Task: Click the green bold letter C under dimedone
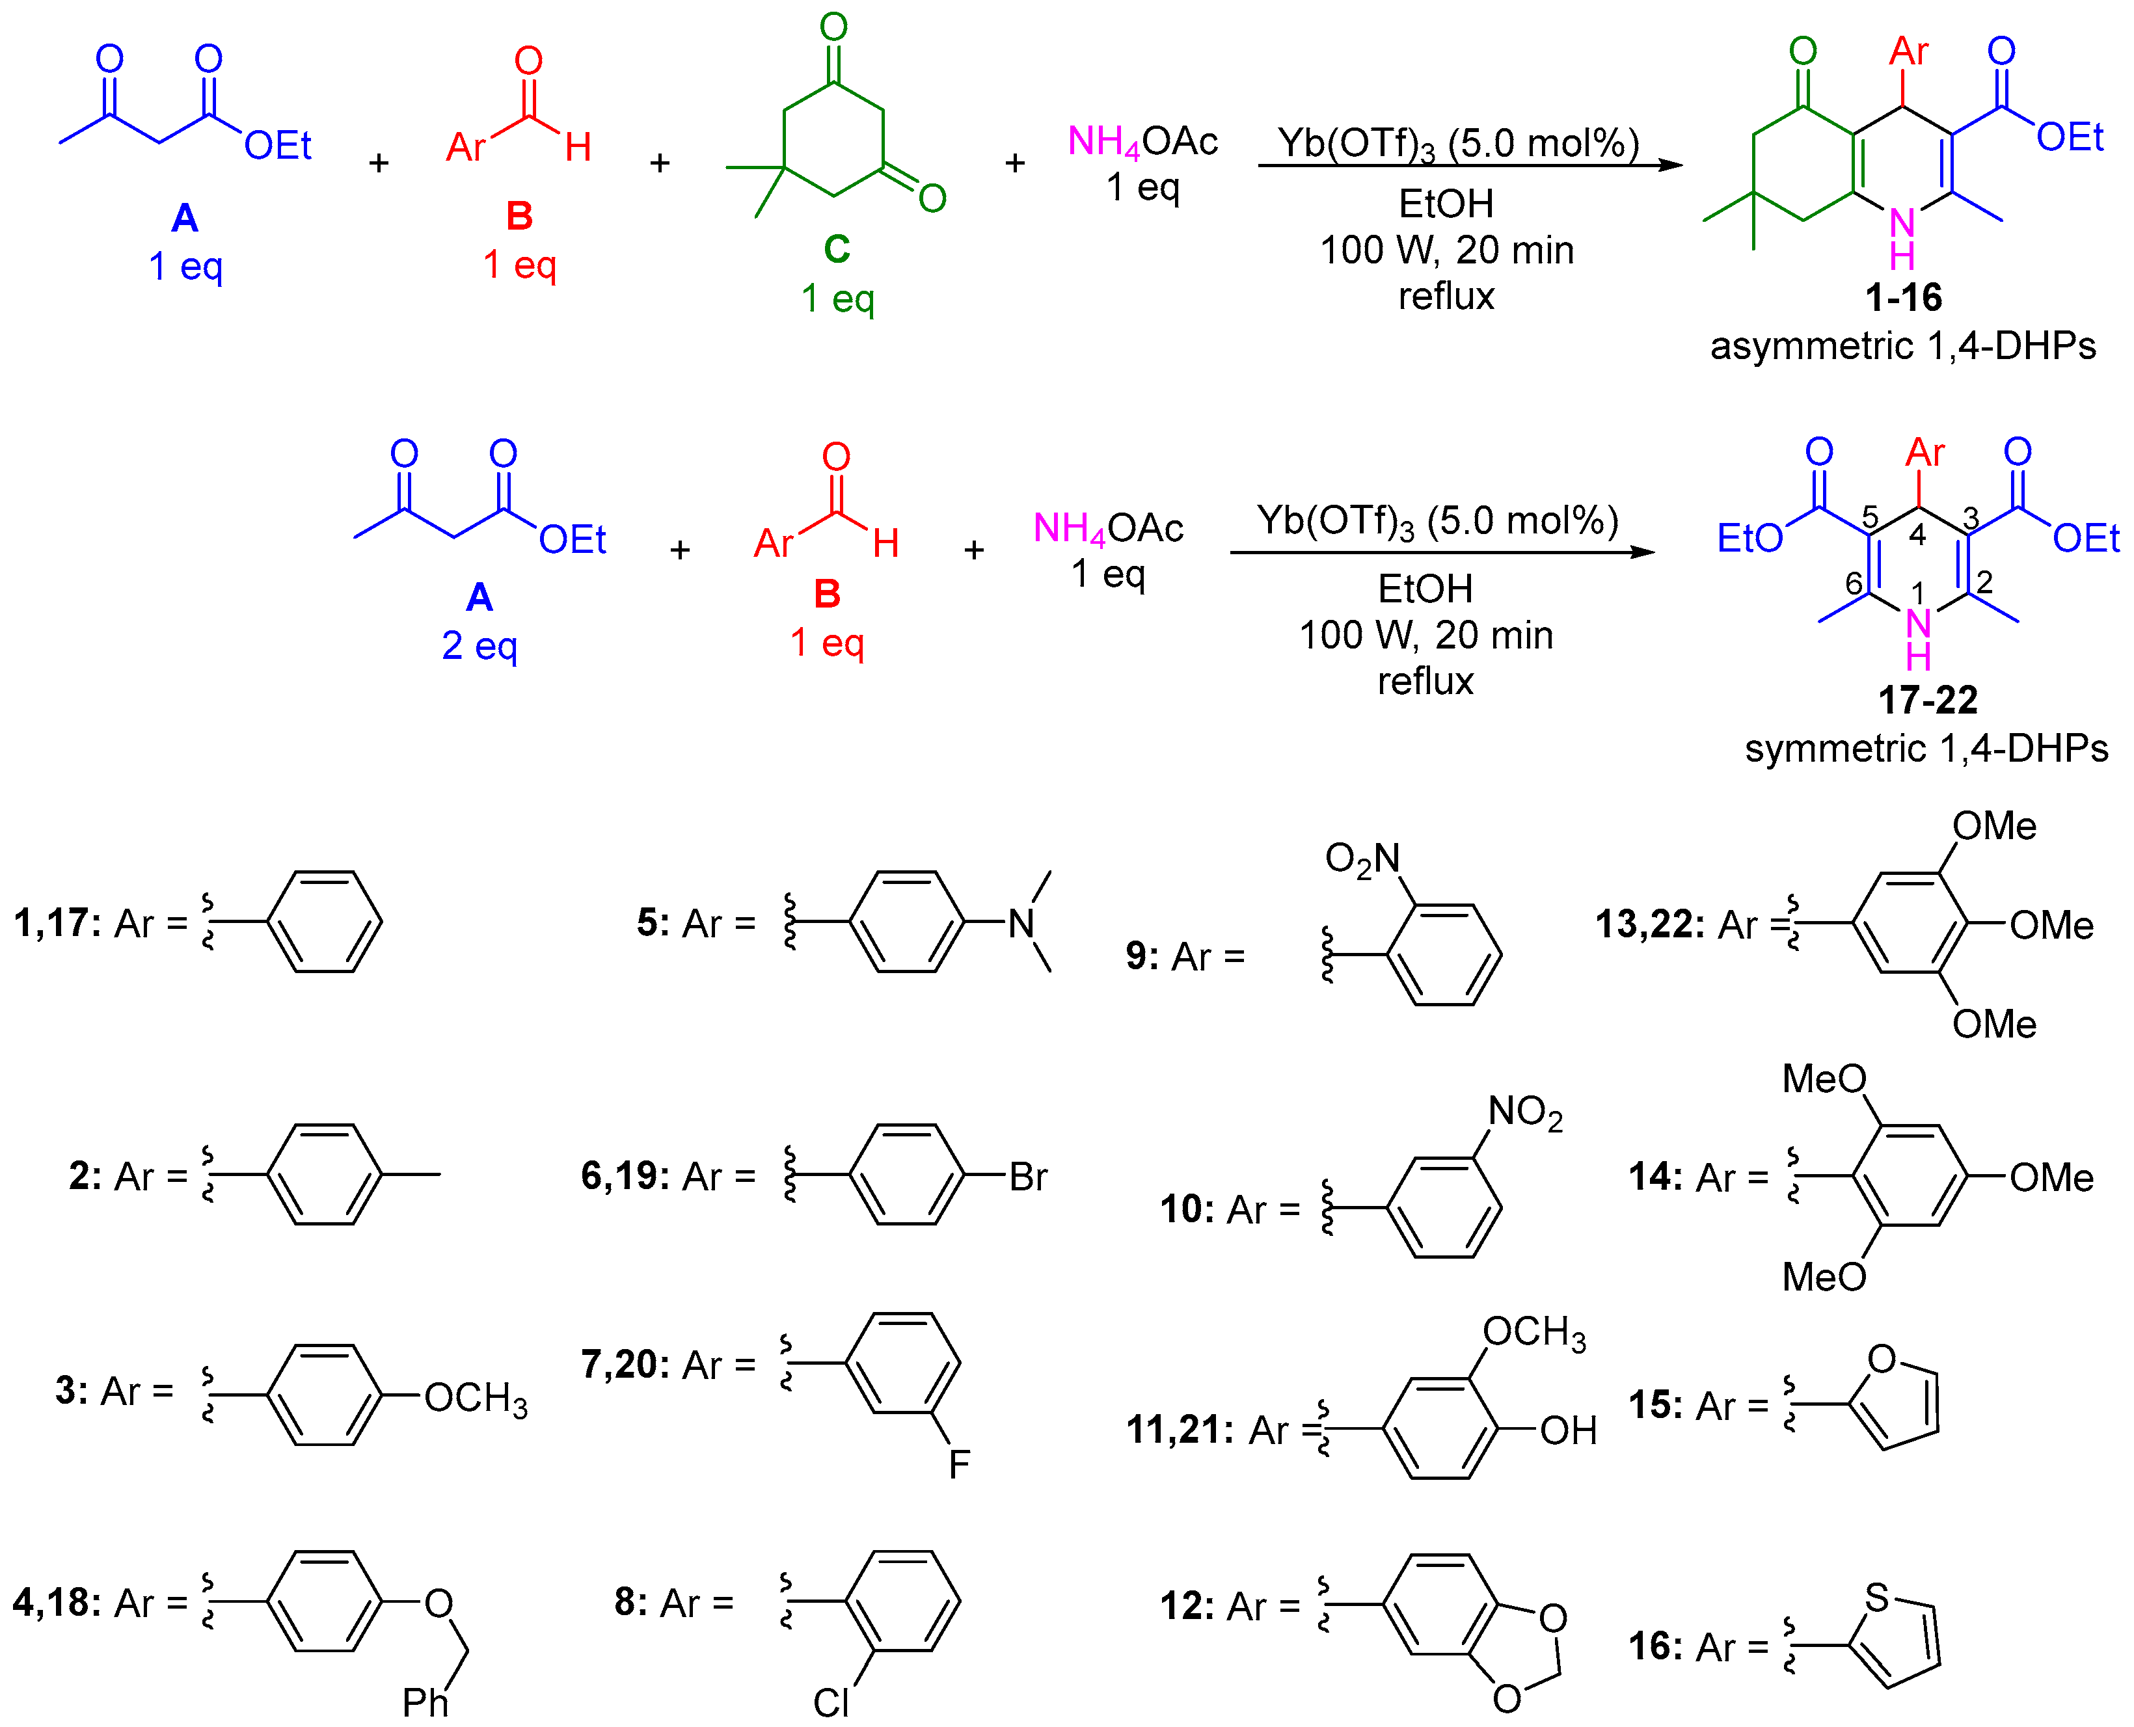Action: coord(837,248)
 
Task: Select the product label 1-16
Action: coord(1903,297)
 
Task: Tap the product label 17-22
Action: coord(1927,701)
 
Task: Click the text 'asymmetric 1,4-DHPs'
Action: coord(1902,346)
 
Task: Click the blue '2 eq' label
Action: coord(479,646)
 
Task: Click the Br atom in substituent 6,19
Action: coord(1028,1177)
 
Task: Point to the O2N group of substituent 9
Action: coord(1362,859)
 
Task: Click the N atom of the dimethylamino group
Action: coord(1021,924)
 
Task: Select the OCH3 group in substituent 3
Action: coord(476,1398)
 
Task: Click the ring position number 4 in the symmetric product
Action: coord(1917,535)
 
